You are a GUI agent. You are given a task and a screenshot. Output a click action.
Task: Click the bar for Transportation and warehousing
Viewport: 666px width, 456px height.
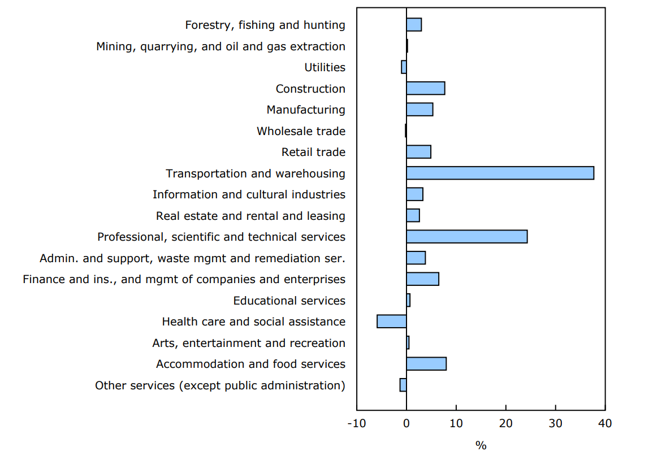500,173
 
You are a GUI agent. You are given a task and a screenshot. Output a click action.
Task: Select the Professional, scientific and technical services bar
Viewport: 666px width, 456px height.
466,237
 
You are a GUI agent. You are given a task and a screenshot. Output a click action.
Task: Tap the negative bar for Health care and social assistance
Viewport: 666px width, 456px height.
392,322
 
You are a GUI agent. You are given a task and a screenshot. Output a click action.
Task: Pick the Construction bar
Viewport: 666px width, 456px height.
425,88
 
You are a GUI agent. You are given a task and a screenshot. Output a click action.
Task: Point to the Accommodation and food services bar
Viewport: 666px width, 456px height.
426,364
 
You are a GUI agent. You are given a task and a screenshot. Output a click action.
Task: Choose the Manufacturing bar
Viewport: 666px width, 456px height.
420,110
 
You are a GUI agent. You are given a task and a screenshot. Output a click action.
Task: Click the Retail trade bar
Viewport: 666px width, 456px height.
418,152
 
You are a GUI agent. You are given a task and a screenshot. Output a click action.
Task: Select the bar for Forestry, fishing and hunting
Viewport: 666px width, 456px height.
414,25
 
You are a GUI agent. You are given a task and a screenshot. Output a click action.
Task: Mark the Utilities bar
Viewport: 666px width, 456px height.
404,67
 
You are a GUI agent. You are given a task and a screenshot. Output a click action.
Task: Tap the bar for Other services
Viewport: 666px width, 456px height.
403,385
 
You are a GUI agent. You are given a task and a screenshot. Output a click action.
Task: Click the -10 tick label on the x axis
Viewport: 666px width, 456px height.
357,423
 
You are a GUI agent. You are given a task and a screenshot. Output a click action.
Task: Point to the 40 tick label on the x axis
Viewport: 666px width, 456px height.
605,423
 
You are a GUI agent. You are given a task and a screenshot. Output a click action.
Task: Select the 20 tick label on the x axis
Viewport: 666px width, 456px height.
505,423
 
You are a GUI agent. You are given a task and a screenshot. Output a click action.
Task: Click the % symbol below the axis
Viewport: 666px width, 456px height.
481,446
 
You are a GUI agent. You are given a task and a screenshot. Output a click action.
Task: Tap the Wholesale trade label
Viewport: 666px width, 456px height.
301,131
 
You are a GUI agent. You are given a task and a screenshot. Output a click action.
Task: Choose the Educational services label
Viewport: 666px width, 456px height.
289,301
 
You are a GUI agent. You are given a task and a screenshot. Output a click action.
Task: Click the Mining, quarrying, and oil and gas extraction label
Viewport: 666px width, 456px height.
220,46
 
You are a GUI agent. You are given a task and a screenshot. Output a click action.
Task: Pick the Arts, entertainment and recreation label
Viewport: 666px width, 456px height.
249,343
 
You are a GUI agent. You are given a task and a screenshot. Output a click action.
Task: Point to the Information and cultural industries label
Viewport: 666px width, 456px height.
249,194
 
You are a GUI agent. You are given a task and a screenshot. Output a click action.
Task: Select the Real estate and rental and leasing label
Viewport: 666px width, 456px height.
250,216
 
